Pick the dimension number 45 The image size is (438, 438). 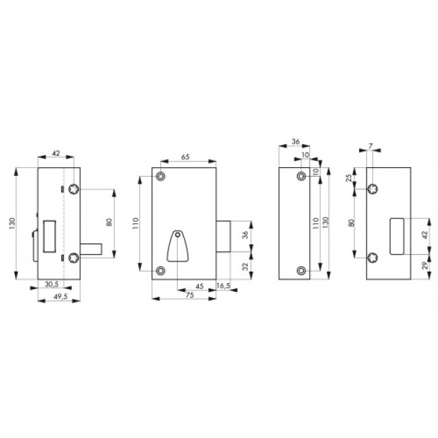point(199,286)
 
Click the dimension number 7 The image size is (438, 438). point(371,146)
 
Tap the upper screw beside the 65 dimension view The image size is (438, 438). point(160,177)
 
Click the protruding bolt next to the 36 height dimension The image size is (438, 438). point(225,237)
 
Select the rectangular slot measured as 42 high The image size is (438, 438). point(398,237)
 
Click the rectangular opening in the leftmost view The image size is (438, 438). point(49,236)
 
